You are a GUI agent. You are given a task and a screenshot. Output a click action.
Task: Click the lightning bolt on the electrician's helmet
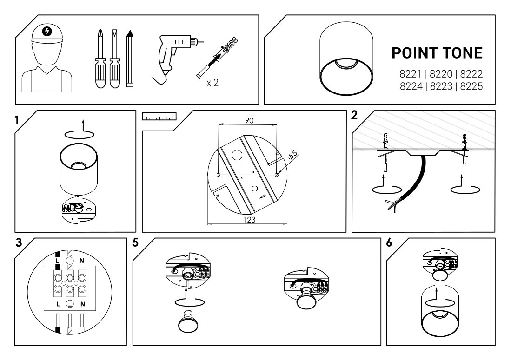(47, 32)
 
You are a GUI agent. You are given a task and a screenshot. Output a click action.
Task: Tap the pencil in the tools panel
(130, 59)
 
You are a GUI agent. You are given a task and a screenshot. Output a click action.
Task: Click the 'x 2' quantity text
(212, 83)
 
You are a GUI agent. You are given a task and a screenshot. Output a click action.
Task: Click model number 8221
(411, 74)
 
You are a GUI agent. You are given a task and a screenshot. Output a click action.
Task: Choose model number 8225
(471, 86)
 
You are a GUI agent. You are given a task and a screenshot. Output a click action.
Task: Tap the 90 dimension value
(249, 120)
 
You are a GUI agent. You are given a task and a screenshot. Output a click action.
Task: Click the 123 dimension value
(249, 220)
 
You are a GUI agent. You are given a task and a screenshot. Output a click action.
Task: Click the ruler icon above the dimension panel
(159, 117)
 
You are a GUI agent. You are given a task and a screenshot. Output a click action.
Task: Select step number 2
(354, 115)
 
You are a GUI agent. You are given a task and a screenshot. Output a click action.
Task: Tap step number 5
(136, 242)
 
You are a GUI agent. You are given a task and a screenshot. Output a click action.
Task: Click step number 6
(389, 242)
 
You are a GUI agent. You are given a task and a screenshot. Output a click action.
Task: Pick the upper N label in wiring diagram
(82, 261)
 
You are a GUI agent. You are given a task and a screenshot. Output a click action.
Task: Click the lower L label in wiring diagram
(58, 304)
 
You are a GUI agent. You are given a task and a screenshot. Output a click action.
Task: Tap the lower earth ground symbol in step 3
(69, 304)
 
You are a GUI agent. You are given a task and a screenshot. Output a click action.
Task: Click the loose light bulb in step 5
(188, 321)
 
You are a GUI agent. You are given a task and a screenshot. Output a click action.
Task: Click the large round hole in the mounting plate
(237, 155)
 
